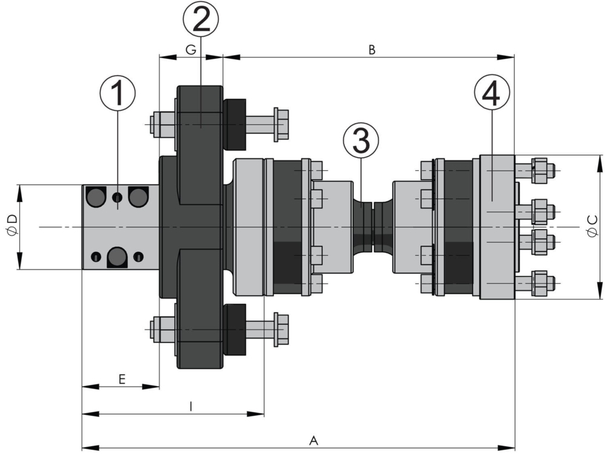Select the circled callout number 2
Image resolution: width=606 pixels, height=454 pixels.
coord(201,21)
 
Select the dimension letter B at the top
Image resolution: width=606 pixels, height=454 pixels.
coord(372,50)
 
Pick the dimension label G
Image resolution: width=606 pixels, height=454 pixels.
coord(190,50)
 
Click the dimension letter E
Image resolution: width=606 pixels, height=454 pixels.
coord(122,379)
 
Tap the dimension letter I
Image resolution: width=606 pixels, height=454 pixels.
coord(191,408)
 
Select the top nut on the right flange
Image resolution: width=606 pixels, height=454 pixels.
coord(542,171)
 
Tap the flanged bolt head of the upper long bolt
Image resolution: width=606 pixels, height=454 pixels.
coord(281,124)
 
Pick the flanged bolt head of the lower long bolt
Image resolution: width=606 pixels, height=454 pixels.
coord(281,329)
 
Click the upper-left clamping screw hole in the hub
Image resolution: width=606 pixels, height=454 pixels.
coord(96,196)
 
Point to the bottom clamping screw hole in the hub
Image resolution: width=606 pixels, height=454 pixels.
coord(116,257)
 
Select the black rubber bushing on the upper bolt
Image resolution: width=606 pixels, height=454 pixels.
coord(235,124)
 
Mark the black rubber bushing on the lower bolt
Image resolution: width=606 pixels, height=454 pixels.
coord(235,329)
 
